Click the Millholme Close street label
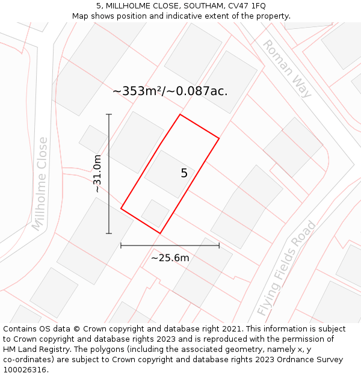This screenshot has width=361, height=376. click(x=40, y=183)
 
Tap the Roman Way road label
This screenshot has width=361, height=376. click(x=287, y=69)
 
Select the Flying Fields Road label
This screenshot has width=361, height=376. click(x=286, y=268)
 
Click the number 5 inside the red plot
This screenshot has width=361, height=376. click(x=184, y=173)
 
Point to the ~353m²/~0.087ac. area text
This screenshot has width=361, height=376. click(x=170, y=91)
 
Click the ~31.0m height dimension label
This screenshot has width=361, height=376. click(x=97, y=173)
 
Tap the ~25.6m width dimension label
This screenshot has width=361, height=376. click(x=170, y=258)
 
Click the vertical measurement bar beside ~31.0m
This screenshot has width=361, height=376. click(x=109, y=173)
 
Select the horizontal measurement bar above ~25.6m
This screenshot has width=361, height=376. click(x=170, y=245)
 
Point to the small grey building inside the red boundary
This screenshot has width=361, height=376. click(x=155, y=213)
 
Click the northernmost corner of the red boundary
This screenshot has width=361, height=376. click(x=180, y=114)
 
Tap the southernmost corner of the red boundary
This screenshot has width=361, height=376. click(x=160, y=233)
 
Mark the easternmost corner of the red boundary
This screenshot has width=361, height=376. click(x=219, y=138)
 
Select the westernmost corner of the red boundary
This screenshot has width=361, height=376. click(x=121, y=209)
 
